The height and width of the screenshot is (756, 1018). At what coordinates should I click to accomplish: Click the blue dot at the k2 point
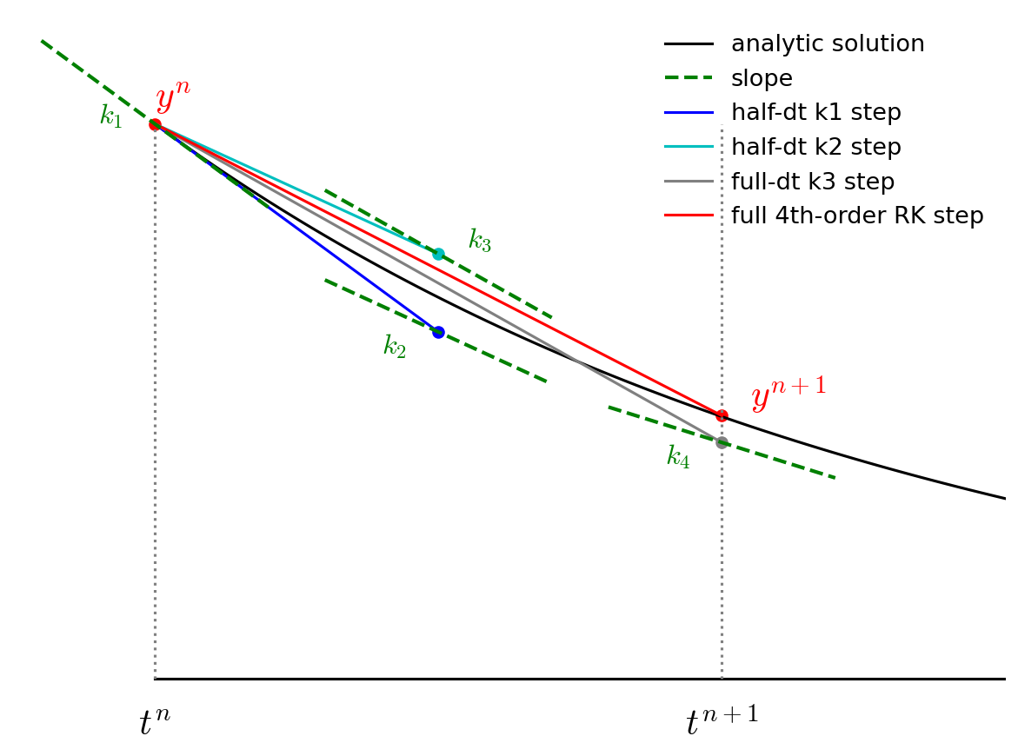[x=438, y=332]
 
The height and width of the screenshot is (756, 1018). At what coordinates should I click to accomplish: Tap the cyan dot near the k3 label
[x=438, y=254]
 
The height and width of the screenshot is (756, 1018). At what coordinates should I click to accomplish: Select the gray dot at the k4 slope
[x=722, y=442]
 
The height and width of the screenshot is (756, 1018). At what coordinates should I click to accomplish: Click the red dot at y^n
[x=155, y=124]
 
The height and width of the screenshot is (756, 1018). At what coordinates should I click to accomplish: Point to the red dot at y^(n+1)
[x=722, y=415]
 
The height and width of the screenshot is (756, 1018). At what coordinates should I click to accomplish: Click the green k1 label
[x=111, y=116]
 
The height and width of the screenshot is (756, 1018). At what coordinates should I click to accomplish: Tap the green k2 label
[x=395, y=347]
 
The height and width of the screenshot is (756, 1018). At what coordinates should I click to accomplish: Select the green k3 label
[x=480, y=241]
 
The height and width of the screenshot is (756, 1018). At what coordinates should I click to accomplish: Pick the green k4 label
[x=678, y=457]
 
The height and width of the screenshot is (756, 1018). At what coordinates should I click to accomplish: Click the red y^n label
[x=172, y=97]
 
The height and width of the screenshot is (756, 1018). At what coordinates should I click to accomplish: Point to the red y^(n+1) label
[x=788, y=395]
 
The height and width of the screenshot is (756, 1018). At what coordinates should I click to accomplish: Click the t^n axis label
[x=155, y=721]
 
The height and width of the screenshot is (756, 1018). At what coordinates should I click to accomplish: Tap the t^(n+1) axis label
[x=722, y=721]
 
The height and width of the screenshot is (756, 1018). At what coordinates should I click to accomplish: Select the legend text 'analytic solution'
[x=828, y=44]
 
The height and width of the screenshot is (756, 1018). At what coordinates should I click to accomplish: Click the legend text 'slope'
[x=762, y=79]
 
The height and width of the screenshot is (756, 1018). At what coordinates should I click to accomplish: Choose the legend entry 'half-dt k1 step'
[x=815, y=113]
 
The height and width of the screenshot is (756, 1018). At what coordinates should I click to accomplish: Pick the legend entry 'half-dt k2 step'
[x=815, y=148]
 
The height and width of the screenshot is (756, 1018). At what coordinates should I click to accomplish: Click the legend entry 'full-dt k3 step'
[x=812, y=182]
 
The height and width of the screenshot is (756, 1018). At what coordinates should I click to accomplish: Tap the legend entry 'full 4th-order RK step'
[x=857, y=216]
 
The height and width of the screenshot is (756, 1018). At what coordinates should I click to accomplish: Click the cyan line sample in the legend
[x=689, y=147]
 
